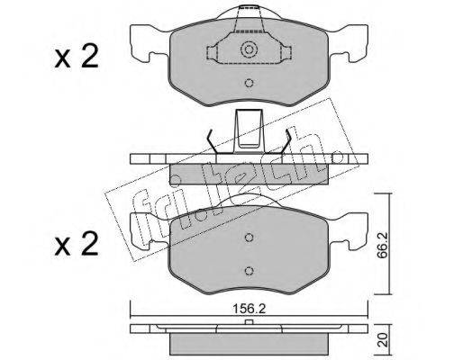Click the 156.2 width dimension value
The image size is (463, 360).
[x=250, y=309]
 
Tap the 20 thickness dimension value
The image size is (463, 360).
[x=381, y=340]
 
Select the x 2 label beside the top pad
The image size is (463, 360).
[x=77, y=56]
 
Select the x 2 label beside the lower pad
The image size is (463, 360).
[x=77, y=244]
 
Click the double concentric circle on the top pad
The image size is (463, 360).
[x=249, y=49]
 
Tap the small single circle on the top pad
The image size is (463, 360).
[x=249, y=83]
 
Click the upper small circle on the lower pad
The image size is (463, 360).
[x=249, y=238]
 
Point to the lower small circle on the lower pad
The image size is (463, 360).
[x=249, y=271]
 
